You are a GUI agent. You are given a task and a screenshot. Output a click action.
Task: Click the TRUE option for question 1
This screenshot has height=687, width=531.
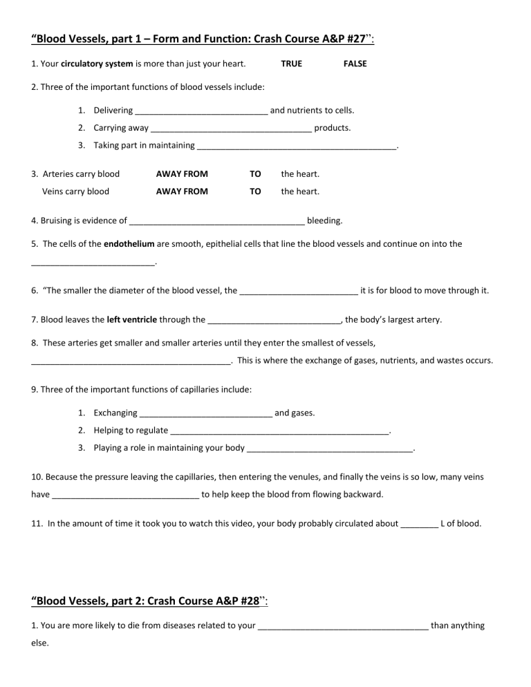pos(291,64)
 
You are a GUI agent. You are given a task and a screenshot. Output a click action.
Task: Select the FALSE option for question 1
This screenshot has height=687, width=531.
pos(355,64)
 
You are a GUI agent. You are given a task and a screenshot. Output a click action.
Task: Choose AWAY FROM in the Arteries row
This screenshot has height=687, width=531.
pos(182,174)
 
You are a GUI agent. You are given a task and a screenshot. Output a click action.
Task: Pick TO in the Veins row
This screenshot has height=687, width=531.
pos(255,192)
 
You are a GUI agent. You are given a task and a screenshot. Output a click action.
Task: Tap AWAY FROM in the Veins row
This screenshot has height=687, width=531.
pos(182,192)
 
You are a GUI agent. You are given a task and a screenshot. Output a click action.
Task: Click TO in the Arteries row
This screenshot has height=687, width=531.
pos(255,174)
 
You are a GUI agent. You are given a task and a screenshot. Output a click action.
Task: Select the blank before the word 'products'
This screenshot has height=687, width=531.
pos(231,129)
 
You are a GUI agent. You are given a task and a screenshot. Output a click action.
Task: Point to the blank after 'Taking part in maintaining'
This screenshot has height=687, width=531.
pos(297,147)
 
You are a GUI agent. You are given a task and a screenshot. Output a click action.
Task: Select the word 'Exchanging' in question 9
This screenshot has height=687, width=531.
pos(115,413)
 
